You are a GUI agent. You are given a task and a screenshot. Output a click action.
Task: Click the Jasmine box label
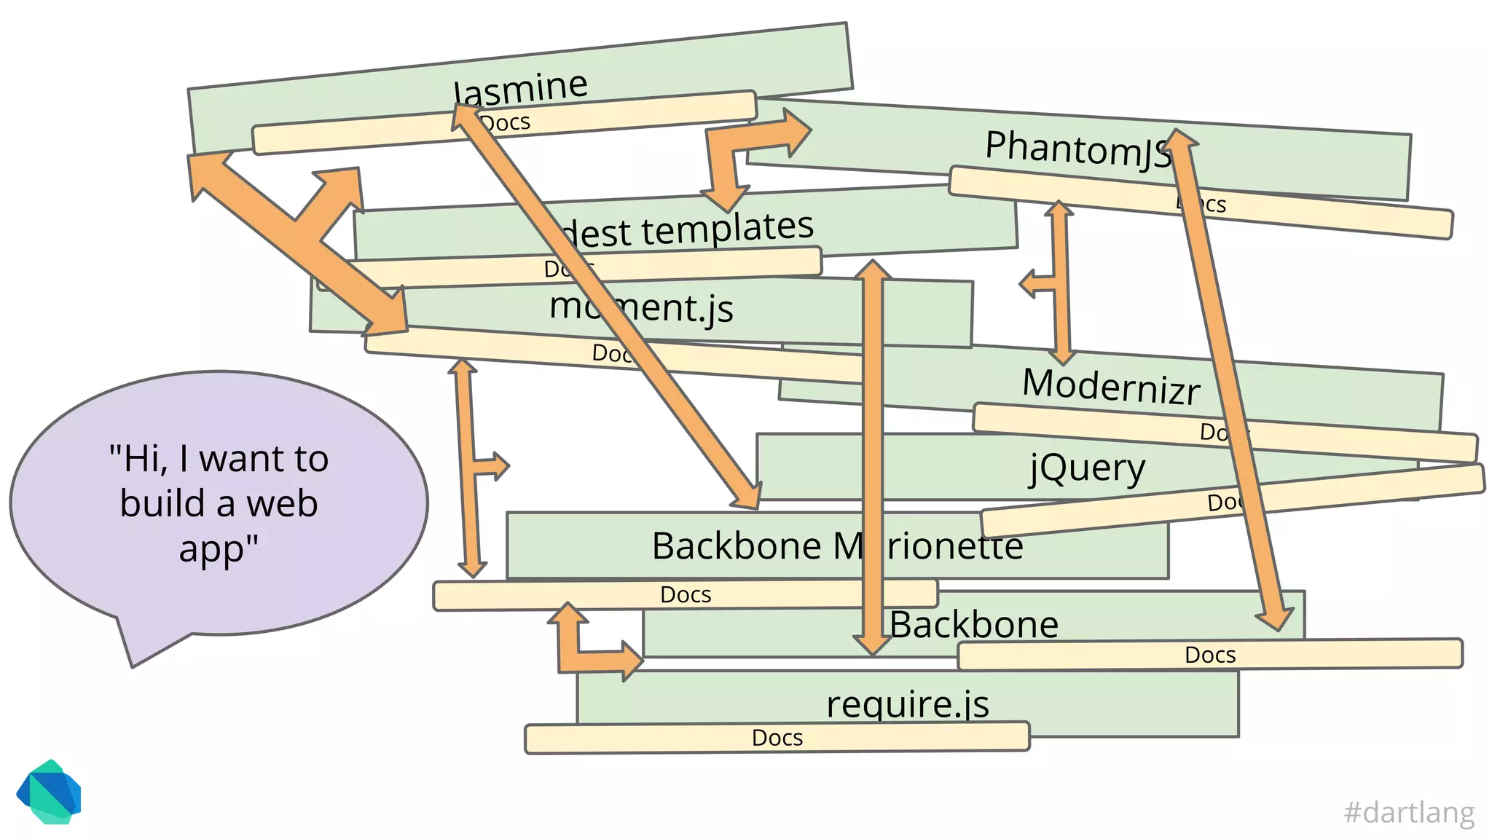(520, 89)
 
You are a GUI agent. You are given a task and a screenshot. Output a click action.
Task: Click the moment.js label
(641, 307)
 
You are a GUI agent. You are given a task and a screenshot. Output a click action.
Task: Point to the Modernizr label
(1110, 385)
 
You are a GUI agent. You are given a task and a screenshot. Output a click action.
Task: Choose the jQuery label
(1087, 468)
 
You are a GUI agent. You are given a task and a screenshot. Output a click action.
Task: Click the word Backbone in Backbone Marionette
(736, 546)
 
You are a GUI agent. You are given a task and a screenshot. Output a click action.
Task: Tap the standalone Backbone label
(973, 625)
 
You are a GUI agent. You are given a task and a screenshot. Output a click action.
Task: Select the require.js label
(907, 704)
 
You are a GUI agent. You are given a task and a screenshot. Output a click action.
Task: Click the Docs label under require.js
(777, 738)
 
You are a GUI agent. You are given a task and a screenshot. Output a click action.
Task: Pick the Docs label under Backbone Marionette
(685, 595)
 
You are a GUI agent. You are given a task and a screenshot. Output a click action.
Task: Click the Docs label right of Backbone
(1209, 655)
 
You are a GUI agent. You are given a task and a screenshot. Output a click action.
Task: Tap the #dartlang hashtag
(1409, 811)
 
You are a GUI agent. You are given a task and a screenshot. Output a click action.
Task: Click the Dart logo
(49, 792)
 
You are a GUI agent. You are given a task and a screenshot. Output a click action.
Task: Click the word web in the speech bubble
(281, 503)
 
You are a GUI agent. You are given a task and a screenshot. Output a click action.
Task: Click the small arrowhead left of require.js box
(631, 661)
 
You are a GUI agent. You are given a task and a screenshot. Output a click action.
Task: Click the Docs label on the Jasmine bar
(505, 122)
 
